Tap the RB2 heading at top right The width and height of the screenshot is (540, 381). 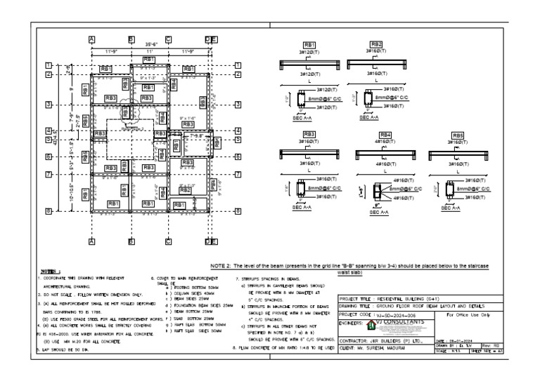tap(376, 44)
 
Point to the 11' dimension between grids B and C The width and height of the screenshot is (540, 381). tap(149, 51)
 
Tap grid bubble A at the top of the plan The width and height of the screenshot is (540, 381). tap(91, 39)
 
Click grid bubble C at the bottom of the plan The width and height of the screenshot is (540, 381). tap(168, 241)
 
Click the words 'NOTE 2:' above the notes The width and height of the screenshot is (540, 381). tap(224, 266)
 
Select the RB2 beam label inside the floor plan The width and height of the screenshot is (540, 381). tap(185, 190)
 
